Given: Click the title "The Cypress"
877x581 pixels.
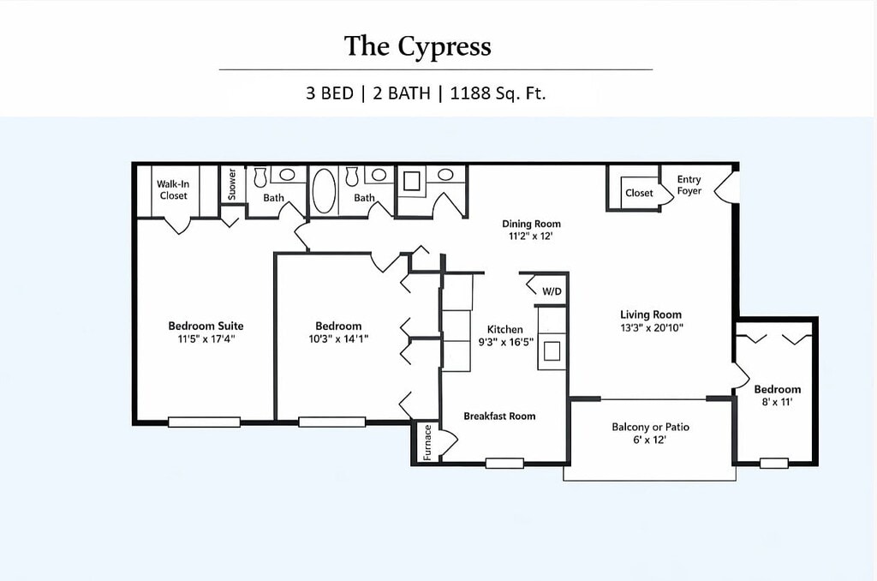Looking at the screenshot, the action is click(417, 46).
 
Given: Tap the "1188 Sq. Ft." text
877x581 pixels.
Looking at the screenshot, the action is click(498, 93).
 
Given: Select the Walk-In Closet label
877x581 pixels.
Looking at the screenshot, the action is click(173, 189).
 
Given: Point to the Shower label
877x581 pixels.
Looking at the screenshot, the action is click(232, 184).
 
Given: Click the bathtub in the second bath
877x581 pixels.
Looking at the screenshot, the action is click(324, 191).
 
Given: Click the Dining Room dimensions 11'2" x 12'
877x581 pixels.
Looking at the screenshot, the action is click(531, 237).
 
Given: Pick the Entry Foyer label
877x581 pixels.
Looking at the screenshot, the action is click(689, 185).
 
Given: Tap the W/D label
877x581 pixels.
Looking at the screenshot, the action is click(552, 291).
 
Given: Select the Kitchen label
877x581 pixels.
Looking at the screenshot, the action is click(505, 330).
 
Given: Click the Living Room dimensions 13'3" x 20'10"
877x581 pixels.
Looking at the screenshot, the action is click(652, 328).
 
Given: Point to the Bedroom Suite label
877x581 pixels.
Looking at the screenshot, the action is click(206, 326).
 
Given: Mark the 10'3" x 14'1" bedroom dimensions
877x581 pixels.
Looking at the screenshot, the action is click(338, 338).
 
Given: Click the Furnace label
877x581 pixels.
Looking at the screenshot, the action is click(427, 443).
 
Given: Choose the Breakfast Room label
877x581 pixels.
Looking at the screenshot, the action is click(499, 416).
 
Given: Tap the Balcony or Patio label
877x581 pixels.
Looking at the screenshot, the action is click(651, 427).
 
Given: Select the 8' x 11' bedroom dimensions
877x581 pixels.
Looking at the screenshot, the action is click(778, 402).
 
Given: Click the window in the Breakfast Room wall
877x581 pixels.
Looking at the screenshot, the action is click(504, 463).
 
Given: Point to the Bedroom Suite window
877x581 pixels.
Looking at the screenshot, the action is click(204, 422).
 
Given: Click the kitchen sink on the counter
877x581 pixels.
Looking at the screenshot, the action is click(552, 351).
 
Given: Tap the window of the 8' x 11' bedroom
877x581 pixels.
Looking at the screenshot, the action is click(774, 463).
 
